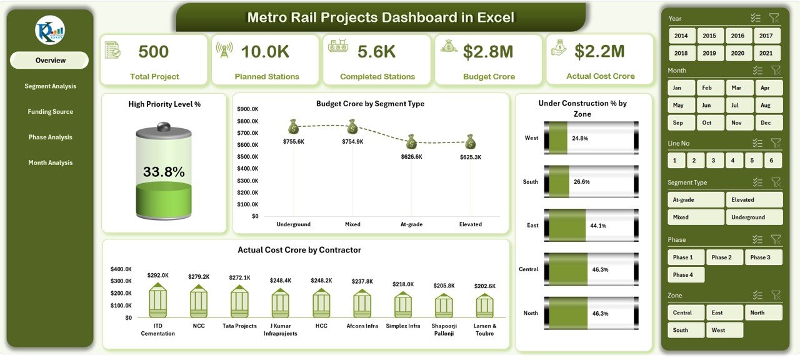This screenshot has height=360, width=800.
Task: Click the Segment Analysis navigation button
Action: coord(50,86)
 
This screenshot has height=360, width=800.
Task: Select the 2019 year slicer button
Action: coord(709,54)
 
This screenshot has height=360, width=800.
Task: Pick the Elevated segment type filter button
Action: coord(754,200)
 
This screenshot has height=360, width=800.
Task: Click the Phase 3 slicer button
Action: coord(760,257)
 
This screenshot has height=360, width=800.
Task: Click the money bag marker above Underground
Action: coord(294,127)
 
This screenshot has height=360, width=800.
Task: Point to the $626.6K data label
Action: coord(411,157)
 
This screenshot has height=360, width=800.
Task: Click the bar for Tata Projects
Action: coord(239,302)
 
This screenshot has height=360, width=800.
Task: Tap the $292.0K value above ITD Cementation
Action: coord(157,275)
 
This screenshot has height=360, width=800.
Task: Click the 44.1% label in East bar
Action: coord(597,226)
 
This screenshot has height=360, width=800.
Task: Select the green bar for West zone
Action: coord(557,138)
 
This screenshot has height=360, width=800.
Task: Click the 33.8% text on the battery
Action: coord(164,172)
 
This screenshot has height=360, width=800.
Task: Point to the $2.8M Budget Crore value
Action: coord(489,52)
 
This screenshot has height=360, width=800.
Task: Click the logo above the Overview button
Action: coord(50,31)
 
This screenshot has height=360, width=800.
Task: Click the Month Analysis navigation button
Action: coord(50,163)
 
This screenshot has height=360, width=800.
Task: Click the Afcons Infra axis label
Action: coord(362,326)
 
